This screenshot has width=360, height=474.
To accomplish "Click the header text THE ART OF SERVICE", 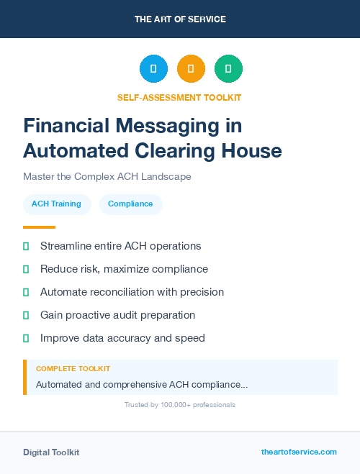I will (x=180, y=19).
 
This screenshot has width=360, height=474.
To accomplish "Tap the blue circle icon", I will (x=153, y=69).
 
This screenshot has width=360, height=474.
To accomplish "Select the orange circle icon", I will (x=191, y=69).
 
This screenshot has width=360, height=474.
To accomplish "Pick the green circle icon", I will (x=228, y=69).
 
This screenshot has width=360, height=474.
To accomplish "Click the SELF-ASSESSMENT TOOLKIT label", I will (x=180, y=97).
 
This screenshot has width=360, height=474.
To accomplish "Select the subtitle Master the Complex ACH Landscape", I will (x=107, y=176).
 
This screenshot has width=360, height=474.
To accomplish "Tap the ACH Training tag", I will (x=56, y=204).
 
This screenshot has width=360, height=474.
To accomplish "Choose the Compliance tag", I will (x=130, y=204).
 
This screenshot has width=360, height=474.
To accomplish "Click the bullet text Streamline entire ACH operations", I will (x=120, y=246).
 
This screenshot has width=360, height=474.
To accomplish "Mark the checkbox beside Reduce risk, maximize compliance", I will (x=26, y=269).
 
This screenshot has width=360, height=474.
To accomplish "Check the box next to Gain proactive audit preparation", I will (x=26, y=315).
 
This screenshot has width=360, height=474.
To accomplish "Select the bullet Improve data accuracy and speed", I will (x=122, y=338).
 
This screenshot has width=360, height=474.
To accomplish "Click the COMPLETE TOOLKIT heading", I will (x=73, y=368).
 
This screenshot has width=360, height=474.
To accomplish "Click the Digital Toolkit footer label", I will (x=51, y=452).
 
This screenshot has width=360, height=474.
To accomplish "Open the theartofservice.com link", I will (x=299, y=452).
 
